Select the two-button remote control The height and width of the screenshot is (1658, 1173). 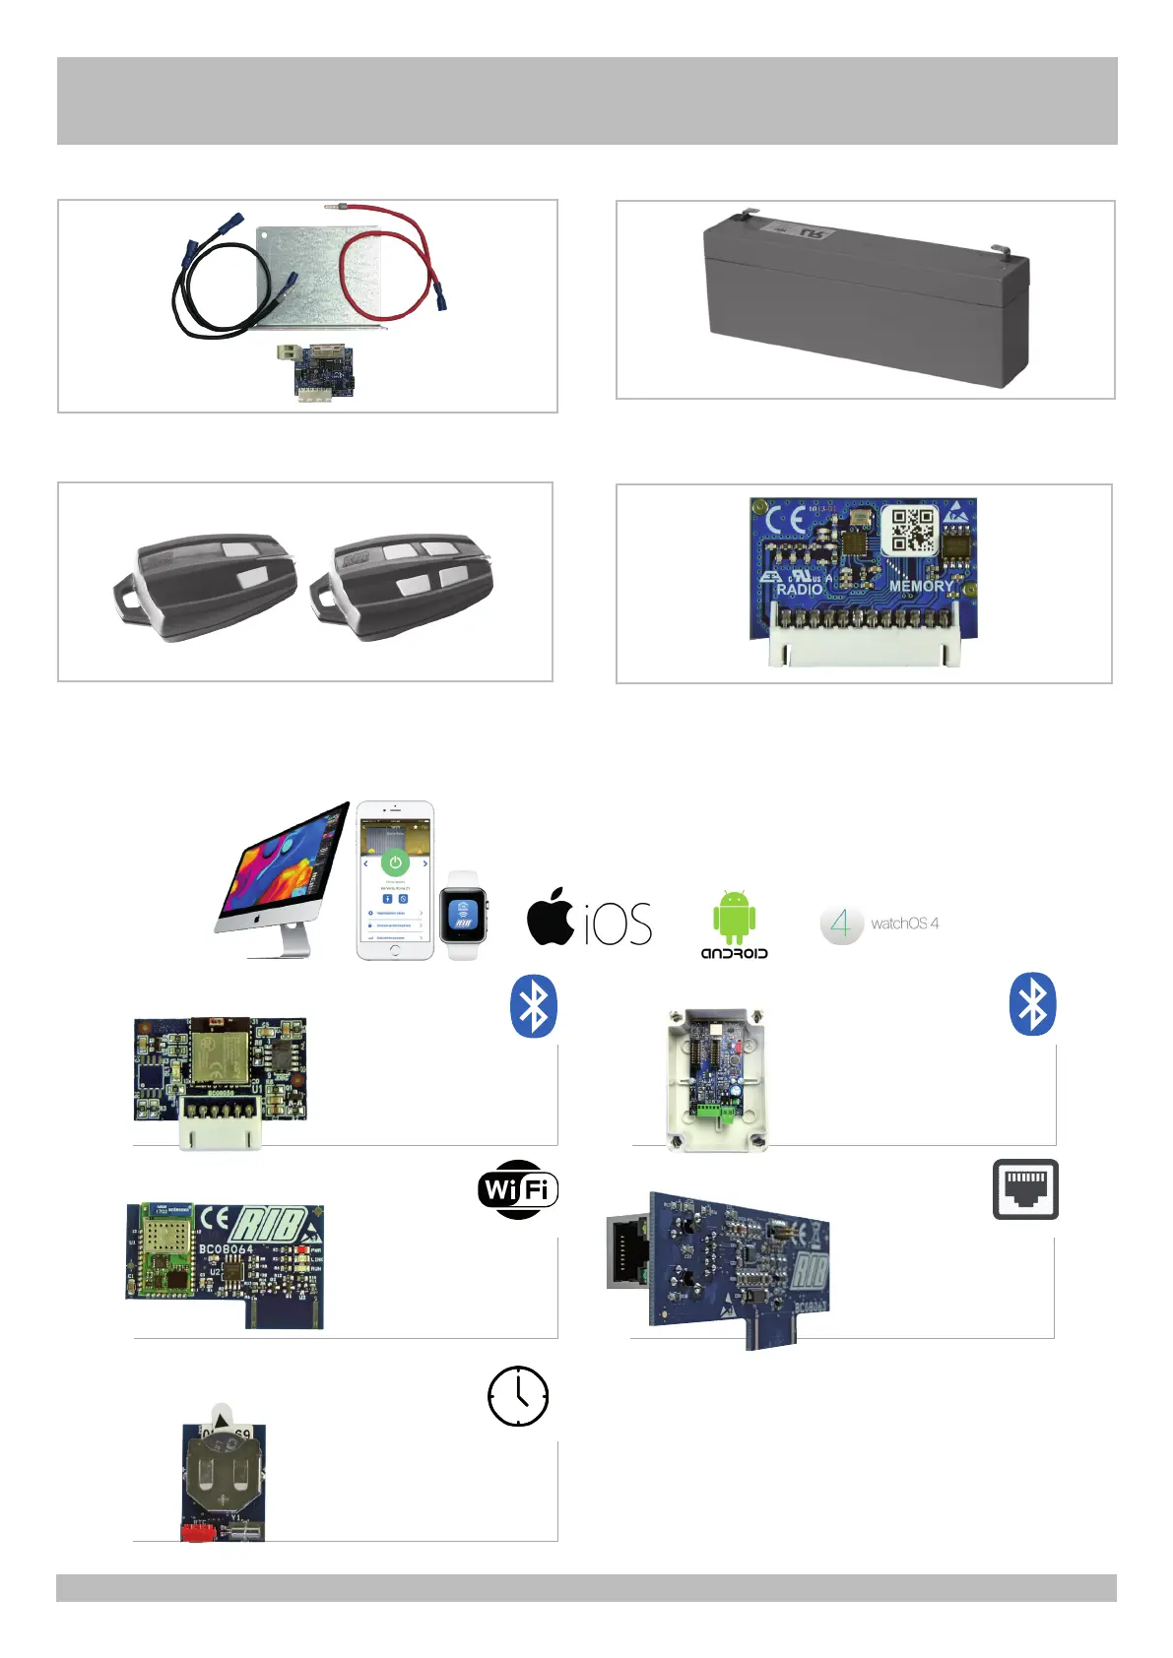click(x=207, y=586)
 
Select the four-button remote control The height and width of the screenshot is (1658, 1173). click(x=403, y=586)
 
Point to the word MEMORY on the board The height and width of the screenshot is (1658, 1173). click(x=920, y=586)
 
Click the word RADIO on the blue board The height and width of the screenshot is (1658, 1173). click(x=799, y=589)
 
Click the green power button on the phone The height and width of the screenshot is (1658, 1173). click(x=395, y=862)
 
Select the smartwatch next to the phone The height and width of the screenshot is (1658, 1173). click(x=463, y=917)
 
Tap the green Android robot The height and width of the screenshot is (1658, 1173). click(x=734, y=918)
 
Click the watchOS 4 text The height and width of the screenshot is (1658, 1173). click(x=904, y=924)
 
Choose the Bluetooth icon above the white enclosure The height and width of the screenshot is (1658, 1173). click(x=1032, y=1004)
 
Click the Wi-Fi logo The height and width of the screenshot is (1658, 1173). click(x=518, y=1189)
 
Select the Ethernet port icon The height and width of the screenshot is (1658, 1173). click(x=1025, y=1189)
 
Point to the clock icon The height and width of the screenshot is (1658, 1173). click(x=518, y=1396)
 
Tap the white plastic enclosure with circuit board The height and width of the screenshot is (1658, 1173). click(x=716, y=1080)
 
